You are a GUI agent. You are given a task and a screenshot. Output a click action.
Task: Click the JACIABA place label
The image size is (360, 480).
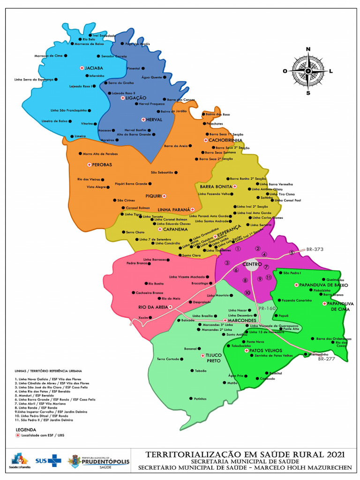[94, 68]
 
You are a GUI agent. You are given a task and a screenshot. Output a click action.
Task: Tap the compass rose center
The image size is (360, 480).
[308, 71]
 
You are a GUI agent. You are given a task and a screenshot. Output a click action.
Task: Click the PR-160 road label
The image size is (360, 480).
[267, 308]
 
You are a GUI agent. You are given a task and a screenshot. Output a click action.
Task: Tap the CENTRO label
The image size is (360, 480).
[252, 265]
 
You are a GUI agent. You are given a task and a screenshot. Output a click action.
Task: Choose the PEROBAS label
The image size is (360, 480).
[102, 165]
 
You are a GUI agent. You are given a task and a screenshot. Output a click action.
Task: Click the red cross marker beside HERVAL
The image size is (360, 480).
[143, 120]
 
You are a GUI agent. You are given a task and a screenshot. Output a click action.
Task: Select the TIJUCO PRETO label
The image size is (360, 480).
[213, 359]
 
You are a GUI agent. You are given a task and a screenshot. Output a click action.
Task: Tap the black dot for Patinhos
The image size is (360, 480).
[191, 398]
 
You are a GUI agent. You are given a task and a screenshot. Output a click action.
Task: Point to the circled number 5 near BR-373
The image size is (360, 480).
[291, 253]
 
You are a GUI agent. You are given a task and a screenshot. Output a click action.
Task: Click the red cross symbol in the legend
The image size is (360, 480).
[18, 435]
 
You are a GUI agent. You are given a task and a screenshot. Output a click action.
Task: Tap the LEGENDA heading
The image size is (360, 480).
[25, 429]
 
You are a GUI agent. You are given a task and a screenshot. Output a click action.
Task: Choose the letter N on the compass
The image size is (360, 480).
[308, 49]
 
